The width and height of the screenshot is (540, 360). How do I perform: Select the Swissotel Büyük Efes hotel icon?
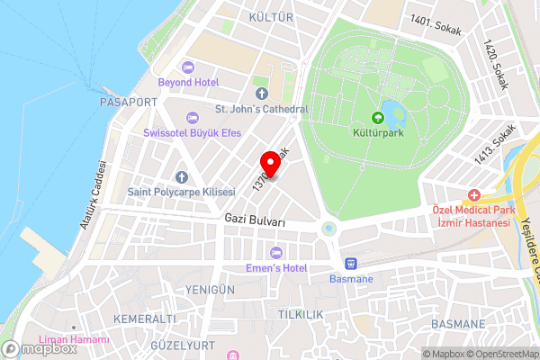click(191, 117)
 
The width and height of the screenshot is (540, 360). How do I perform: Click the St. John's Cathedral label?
click(261, 109)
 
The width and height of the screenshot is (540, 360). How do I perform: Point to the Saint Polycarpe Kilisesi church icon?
click(181, 177)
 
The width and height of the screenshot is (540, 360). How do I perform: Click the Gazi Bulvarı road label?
click(255, 220)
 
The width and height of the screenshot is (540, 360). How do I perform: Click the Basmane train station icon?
click(350, 264)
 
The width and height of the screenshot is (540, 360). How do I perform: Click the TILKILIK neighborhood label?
click(300, 314)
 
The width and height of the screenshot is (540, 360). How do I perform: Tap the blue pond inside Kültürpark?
click(394, 112)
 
